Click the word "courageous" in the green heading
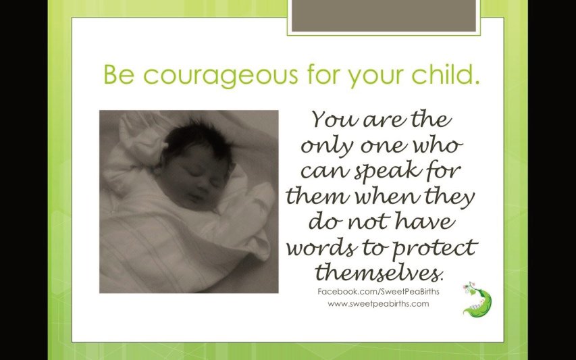click(x=220, y=76)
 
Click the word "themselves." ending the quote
click(x=379, y=273)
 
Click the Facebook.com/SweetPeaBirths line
click(x=378, y=292)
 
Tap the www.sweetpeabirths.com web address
click(x=378, y=304)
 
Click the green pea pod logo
click(x=477, y=300)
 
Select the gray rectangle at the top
click(x=384, y=16)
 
